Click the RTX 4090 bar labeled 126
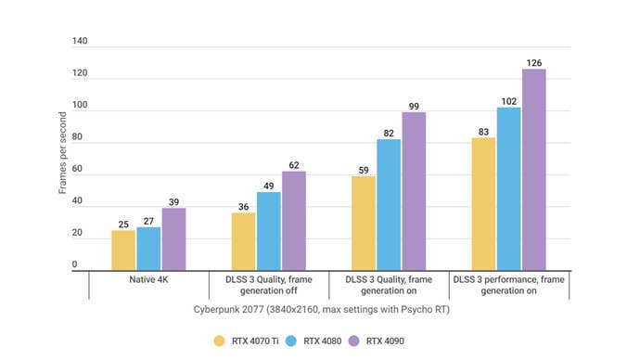[533, 170]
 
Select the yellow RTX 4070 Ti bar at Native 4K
[123, 251]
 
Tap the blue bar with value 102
[508, 189]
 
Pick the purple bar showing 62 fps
[294, 221]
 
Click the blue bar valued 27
[148, 249]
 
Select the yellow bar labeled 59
[363, 224]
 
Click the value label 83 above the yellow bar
[483, 131]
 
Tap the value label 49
[269, 186]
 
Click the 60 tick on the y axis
[82, 170]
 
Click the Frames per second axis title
[62, 154]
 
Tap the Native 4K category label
[148, 279]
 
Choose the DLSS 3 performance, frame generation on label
[508, 285]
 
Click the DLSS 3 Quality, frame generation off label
[269, 285]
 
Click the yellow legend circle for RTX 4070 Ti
[220, 340]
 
